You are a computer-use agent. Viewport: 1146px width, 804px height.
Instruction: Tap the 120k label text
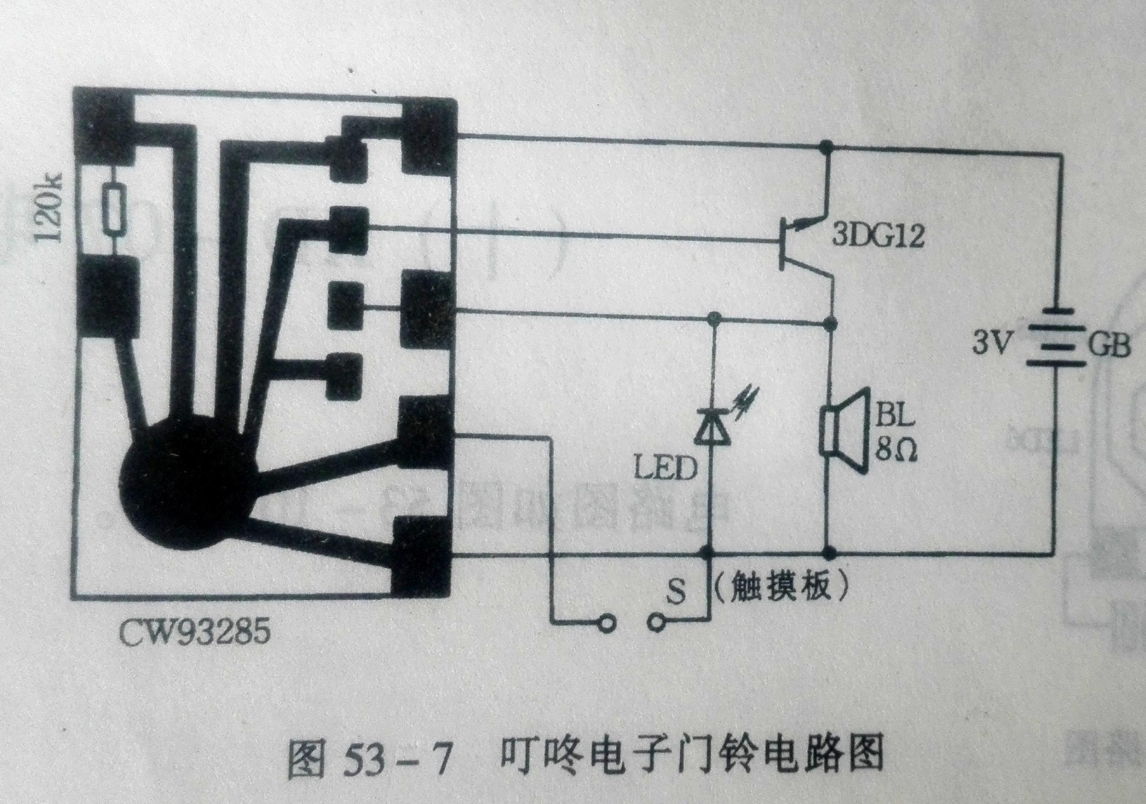[50, 208]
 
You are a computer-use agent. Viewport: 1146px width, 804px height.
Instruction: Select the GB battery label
[1108, 344]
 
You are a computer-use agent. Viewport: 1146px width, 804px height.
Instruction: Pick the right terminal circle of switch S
[656, 622]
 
